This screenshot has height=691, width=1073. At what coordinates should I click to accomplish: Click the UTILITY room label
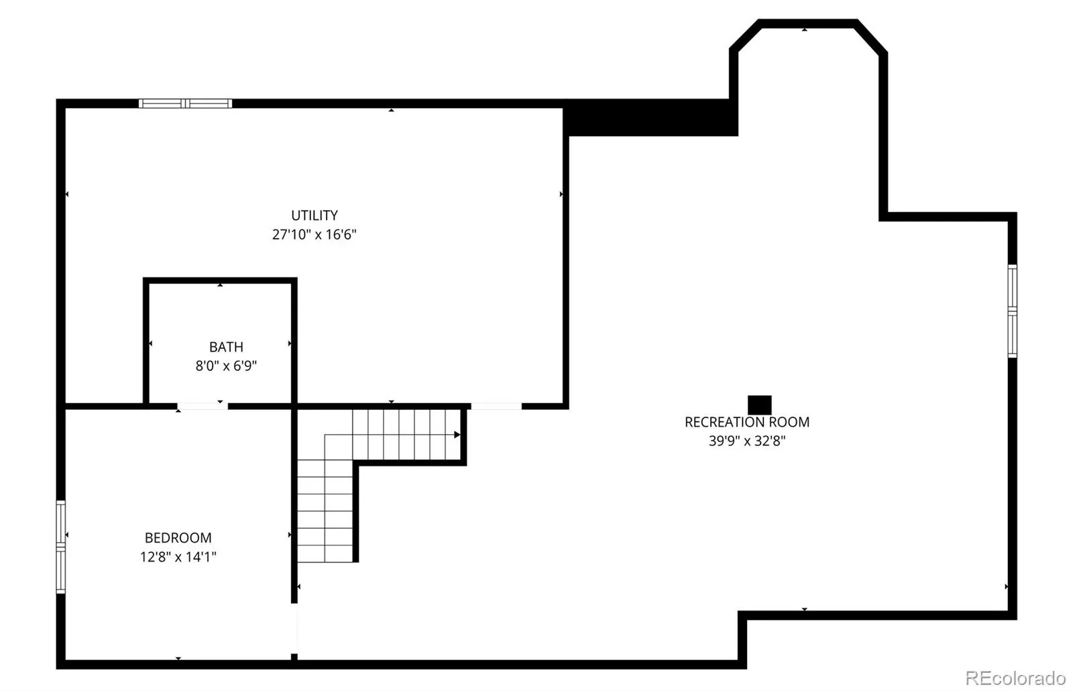pyautogui.click(x=315, y=215)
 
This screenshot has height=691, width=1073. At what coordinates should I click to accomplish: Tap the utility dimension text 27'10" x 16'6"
pyautogui.click(x=315, y=234)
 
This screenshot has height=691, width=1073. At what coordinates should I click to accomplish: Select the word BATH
pyautogui.click(x=226, y=346)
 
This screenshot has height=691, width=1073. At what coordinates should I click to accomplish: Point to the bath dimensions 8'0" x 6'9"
pyautogui.click(x=226, y=366)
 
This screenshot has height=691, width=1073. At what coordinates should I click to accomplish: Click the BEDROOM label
pyautogui.click(x=178, y=537)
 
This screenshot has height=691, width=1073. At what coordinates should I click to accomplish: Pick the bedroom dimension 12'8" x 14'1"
pyautogui.click(x=178, y=557)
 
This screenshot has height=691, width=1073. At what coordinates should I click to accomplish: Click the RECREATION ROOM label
pyautogui.click(x=747, y=422)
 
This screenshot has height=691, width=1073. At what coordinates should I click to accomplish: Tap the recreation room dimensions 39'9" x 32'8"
pyautogui.click(x=747, y=441)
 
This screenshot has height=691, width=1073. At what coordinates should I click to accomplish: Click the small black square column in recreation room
pyautogui.click(x=760, y=405)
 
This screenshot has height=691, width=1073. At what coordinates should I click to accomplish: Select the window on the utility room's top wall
pyautogui.click(x=185, y=103)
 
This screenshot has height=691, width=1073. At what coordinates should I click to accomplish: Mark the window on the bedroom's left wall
pyautogui.click(x=61, y=547)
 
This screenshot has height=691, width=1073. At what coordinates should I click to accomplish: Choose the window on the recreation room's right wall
pyautogui.click(x=1012, y=311)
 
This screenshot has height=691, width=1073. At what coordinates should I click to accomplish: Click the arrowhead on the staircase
pyautogui.click(x=457, y=435)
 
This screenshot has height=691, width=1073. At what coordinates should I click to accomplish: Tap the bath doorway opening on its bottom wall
pyautogui.click(x=202, y=407)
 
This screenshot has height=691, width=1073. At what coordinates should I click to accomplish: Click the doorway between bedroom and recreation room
pyautogui.click(x=294, y=628)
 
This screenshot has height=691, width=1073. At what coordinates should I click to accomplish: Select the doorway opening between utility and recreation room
pyautogui.click(x=496, y=407)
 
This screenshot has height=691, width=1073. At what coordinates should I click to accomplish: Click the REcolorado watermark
pyautogui.click(x=1015, y=678)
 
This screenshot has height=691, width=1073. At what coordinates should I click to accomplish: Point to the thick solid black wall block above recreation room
pyautogui.click(x=650, y=118)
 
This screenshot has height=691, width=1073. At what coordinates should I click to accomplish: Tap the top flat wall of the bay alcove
pyautogui.click(x=807, y=23)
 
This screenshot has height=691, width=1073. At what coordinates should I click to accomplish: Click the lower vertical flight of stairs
pyautogui.click(x=325, y=511)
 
